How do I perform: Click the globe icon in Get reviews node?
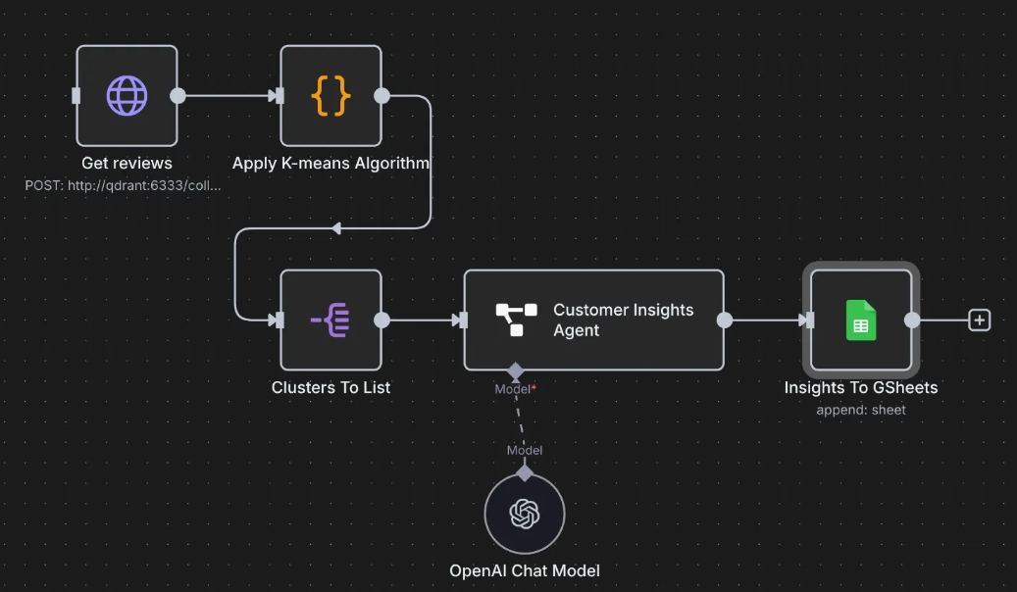[x=127, y=96]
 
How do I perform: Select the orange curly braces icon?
[x=331, y=96]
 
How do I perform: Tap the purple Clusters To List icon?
[x=331, y=320]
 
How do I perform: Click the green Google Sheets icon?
[x=861, y=320]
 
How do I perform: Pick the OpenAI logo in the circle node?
[x=525, y=514]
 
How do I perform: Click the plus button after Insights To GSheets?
[x=980, y=320]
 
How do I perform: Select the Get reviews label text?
[x=127, y=163]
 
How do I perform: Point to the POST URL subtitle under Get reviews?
[x=123, y=185]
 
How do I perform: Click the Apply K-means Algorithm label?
[x=331, y=163]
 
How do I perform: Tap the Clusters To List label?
[x=331, y=387]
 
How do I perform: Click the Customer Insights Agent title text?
[x=624, y=320]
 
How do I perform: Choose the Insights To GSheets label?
[x=861, y=387]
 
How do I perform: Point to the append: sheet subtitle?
[x=861, y=410]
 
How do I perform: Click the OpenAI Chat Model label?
[x=525, y=570]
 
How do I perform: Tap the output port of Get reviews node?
[x=178, y=96]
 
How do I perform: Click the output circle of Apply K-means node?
[x=382, y=96]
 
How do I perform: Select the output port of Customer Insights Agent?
[x=725, y=320]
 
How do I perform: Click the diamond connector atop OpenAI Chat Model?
[x=525, y=473]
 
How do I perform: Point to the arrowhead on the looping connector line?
[x=336, y=228]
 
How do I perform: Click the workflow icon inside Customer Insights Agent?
[x=516, y=320]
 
